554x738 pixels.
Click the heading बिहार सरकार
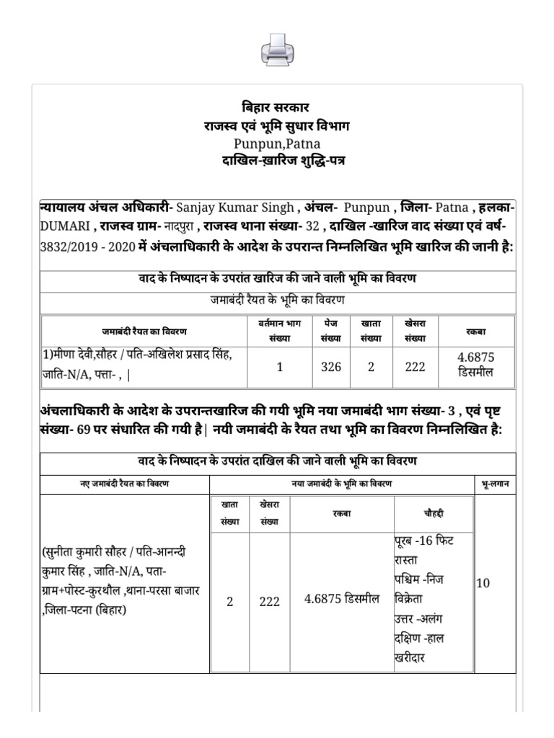pyautogui.click(x=276, y=107)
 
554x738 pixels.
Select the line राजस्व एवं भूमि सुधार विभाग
pyautogui.click(x=276, y=125)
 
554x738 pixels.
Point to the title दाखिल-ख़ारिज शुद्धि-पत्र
pyautogui.click(x=283, y=160)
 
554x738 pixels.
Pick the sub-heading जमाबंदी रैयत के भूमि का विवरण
pyautogui.click(x=277, y=300)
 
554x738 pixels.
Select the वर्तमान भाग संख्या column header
pyautogui.click(x=279, y=331)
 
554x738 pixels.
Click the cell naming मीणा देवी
pyautogui.click(x=144, y=367)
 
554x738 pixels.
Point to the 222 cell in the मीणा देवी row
pyautogui.click(x=415, y=367)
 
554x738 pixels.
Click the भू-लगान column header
pyautogui.click(x=494, y=484)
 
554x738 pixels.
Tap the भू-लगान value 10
pyautogui.click(x=483, y=583)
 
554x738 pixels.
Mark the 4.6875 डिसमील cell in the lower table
pyautogui.click(x=342, y=601)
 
